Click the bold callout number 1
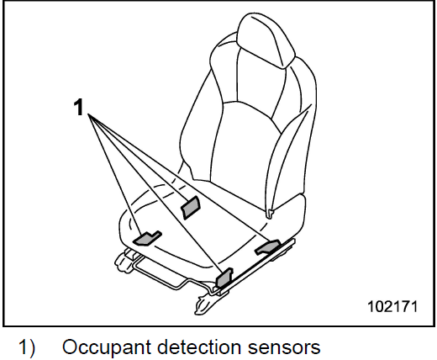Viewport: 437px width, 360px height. click(79, 108)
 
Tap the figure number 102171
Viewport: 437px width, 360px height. click(392, 306)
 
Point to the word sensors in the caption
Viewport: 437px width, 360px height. click(284, 348)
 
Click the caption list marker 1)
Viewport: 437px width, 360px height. click(27, 347)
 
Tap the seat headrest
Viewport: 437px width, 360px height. click(266, 40)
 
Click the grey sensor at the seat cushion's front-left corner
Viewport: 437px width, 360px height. click(147, 238)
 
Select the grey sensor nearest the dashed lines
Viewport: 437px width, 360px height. click(191, 208)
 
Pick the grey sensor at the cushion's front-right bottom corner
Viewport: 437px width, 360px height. click(224, 278)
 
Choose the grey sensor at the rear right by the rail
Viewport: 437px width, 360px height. click(267, 246)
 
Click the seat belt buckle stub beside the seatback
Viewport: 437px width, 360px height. click(270, 214)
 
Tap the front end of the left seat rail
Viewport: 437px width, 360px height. click(121, 262)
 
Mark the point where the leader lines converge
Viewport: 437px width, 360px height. click(88, 114)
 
